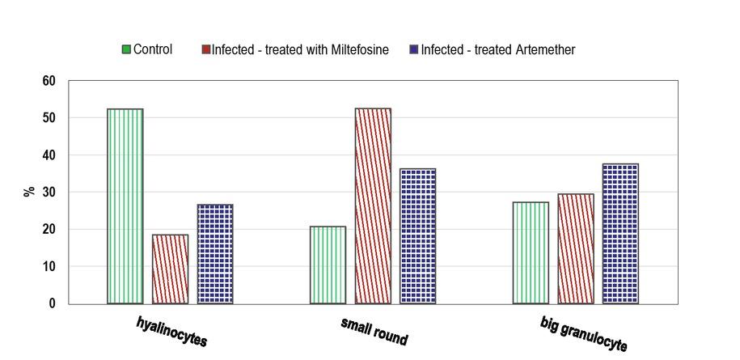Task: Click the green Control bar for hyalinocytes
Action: pos(125,206)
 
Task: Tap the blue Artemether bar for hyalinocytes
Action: pos(215,254)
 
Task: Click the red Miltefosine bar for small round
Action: pos(373,206)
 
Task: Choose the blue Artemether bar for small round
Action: pos(417,236)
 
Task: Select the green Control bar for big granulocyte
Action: pos(531,253)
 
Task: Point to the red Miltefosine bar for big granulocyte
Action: pos(575,249)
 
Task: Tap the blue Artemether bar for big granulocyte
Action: pos(620,234)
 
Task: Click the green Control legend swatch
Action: pos(126,50)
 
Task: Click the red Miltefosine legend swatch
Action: pos(206,50)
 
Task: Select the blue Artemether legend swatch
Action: pos(414,50)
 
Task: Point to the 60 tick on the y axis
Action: pos(49,81)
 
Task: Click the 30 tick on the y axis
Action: pos(49,193)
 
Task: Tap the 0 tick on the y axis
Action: pos(53,304)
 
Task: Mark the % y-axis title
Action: pos(29,192)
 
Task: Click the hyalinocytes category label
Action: pos(171,332)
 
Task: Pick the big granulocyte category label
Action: pos(583,334)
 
